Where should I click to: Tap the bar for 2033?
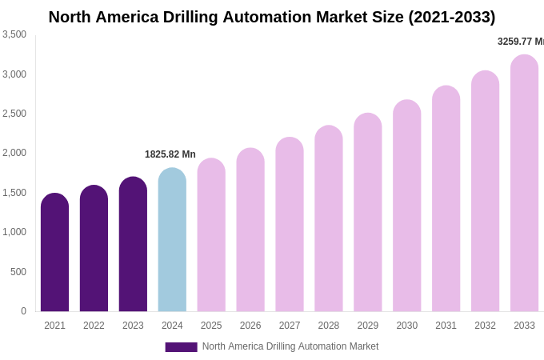pyautogui.click(x=524, y=183)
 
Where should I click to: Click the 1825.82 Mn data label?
pyautogui.click(x=170, y=154)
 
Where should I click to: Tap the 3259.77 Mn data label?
pyautogui.click(x=521, y=42)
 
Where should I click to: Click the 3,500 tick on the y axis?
pyautogui.click(x=14, y=34)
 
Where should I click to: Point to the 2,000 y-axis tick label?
pyautogui.click(x=14, y=153)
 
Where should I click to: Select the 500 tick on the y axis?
pyautogui.click(x=18, y=272)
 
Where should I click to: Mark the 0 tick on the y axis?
pyautogui.click(x=23, y=311)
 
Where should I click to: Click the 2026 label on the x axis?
pyautogui.click(x=250, y=326)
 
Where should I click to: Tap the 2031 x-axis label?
pyautogui.click(x=446, y=326)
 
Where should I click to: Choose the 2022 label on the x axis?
pyautogui.click(x=94, y=326)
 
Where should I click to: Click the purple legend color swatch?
pyautogui.click(x=181, y=347)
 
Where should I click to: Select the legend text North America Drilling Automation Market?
pyautogui.click(x=290, y=346)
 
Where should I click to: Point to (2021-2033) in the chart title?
pyautogui.click(x=451, y=17)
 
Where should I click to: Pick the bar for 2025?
pyautogui.click(x=211, y=235)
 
